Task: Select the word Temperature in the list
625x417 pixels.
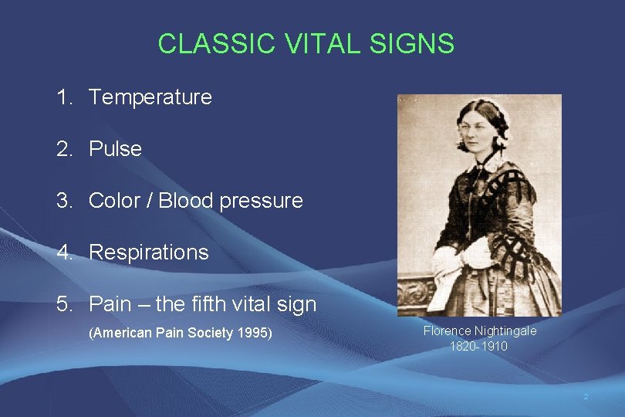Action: (x=150, y=97)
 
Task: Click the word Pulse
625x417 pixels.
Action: (x=115, y=149)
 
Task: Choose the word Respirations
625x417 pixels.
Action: (x=148, y=253)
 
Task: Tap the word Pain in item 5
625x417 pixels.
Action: (x=110, y=304)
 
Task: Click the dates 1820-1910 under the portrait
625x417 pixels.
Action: (x=478, y=346)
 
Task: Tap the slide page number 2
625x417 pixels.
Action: (x=585, y=397)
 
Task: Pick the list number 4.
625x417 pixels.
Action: (x=63, y=253)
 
